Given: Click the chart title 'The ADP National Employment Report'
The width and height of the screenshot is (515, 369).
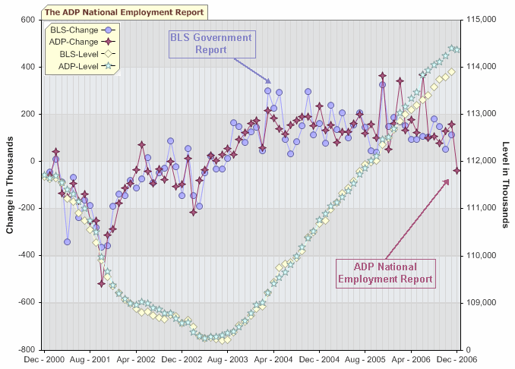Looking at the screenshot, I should pos(124,12).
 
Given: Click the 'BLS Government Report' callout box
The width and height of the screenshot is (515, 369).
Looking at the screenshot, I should pos(211,44).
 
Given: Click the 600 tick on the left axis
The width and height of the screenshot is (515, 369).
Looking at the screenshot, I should pos(27,20).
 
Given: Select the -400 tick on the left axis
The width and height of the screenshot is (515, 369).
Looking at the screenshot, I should pos(26,255).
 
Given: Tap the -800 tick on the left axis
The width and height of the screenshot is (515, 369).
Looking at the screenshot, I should pos(26,349).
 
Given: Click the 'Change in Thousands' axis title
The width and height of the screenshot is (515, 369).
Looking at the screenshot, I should pos(9,184).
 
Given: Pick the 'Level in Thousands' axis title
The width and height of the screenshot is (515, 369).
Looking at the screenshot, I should pos(505,184).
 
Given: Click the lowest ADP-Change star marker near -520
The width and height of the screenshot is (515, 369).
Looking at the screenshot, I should pos(102,283).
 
